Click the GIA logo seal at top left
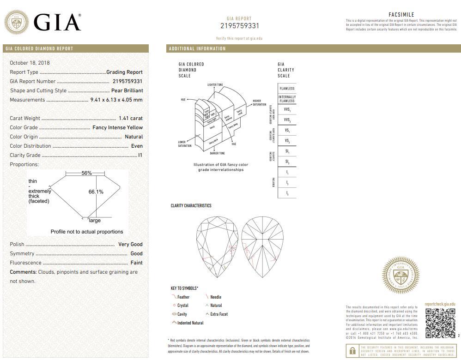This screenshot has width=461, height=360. click(x=16, y=22)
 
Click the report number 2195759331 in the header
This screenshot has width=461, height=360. click(x=239, y=26)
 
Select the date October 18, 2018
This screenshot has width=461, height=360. click(x=30, y=63)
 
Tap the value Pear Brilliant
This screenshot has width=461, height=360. click(x=127, y=90)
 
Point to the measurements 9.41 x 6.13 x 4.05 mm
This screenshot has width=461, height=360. click(x=116, y=100)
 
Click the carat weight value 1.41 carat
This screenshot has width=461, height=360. click(x=131, y=118)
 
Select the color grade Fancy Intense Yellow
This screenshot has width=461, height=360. click(x=118, y=127)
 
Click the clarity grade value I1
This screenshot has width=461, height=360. click(x=140, y=155)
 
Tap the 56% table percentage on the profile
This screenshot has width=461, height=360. click(x=86, y=173)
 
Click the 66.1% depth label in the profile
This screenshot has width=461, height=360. click(x=96, y=192)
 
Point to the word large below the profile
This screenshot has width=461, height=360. click(x=94, y=221)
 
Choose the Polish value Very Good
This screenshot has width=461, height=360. click(x=130, y=244)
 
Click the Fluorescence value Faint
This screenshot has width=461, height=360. click(x=136, y=263)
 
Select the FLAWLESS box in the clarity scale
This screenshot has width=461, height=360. click(x=287, y=88)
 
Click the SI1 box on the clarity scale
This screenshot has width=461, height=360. click(x=287, y=151)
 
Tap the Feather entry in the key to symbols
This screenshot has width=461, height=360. click(x=183, y=297)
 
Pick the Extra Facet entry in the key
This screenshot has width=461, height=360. click(x=219, y=314)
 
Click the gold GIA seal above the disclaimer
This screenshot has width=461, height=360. click(x=400, y=276)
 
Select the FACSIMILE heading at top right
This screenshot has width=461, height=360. click(x=401, y=15)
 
